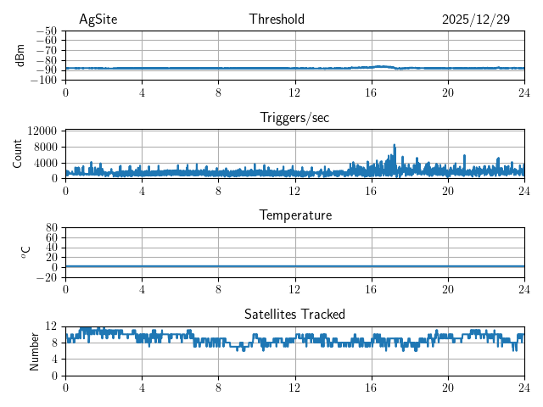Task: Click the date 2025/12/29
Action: pos(475,20)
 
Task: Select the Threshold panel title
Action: pos(277,20)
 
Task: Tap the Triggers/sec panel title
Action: pos(294,118)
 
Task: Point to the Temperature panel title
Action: pos(294,215)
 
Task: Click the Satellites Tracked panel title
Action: pos(294,314)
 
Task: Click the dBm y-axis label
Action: pos(20,55)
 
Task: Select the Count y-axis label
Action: pos(18,153)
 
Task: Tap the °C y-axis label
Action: pos(25,252)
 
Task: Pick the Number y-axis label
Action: pos(35,350)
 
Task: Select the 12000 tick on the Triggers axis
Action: pos(42,131)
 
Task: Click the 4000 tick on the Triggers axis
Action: pos(45,163)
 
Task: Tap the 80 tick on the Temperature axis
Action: pos(51,228)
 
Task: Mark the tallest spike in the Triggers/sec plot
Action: pos(395,146)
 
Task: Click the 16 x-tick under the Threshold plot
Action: pos(372,92)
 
